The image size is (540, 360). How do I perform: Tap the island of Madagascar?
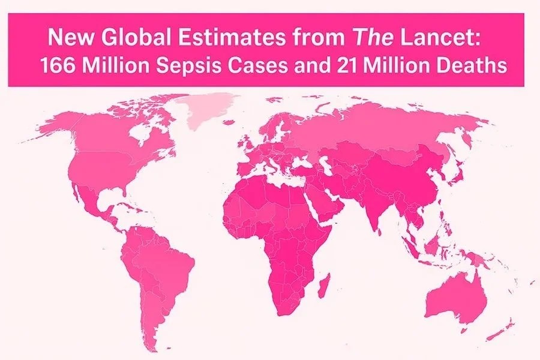324,282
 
